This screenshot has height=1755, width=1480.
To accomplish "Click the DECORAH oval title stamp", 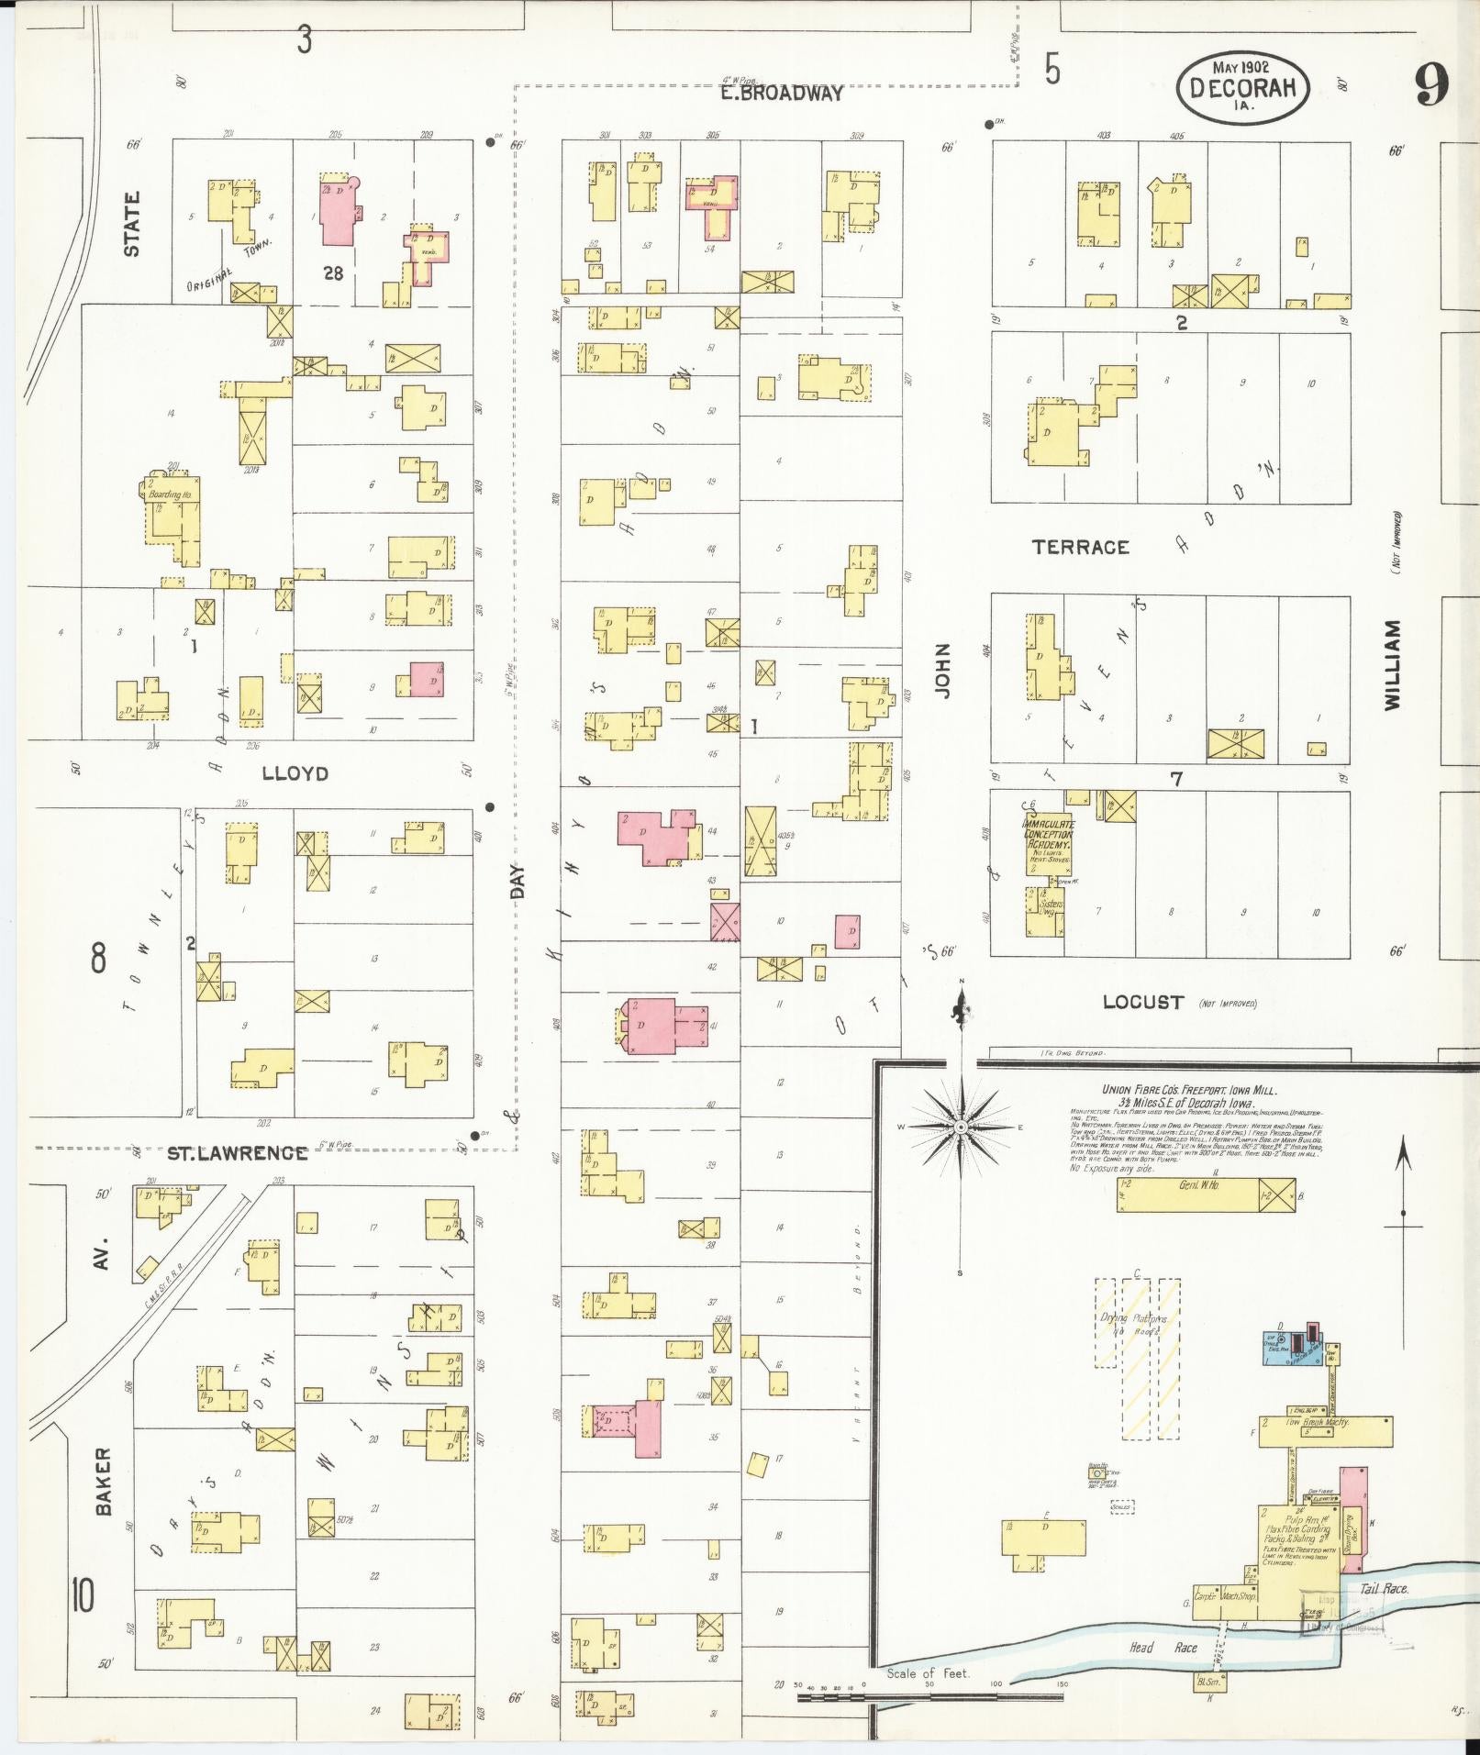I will click(1243, 88).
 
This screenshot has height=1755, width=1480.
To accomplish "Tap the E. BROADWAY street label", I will click(781, 94).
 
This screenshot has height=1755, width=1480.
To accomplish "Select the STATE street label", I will click(132, 224).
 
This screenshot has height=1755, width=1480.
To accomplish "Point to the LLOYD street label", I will click(295, 773).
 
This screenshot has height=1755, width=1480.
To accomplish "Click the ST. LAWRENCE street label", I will click(238, 1153).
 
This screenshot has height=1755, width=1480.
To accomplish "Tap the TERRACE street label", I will click(1080, 547).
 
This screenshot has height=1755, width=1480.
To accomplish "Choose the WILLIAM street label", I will click(1393, 664).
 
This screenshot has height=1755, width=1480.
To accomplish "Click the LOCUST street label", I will click(1142, 1002).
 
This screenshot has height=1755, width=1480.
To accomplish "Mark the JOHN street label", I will click(942, 672).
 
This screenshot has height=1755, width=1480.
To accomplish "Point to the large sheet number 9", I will click(1430, 87).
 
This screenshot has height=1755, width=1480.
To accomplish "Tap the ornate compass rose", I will click(961, 1127).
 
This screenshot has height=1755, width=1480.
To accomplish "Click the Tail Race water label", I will click(1383, 1588).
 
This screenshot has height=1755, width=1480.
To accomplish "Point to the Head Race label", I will click(1162, 1648).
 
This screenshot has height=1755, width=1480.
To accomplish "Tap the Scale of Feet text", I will click(927, 1672).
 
